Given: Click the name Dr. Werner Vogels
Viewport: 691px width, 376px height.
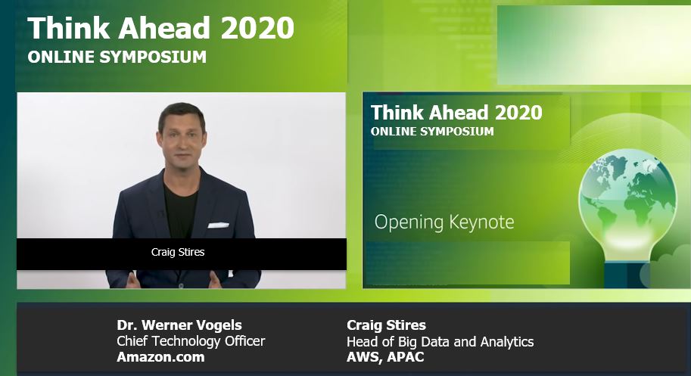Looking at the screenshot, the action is coord(179,325).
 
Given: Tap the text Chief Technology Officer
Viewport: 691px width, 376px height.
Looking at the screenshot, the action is coord(191,340).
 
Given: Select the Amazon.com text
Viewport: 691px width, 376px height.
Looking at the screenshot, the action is coord(161,356).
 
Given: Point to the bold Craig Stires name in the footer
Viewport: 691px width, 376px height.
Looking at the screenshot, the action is coord(386,325).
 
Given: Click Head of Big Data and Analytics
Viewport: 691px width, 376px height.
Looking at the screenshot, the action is coord(440,342).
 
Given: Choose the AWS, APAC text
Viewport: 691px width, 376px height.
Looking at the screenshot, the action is coord(385,356).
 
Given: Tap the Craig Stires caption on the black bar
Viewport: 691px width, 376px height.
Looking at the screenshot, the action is coord(178,252).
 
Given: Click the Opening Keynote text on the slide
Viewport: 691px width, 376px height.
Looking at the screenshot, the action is coord(444,222).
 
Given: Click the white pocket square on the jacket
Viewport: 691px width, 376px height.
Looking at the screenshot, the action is coord(219,225).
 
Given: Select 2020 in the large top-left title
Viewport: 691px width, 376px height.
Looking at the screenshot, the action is coord(257,28).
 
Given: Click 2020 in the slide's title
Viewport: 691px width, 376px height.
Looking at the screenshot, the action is coord(518,113).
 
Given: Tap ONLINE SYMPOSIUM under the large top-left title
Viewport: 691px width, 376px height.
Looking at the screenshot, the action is coord(117,57).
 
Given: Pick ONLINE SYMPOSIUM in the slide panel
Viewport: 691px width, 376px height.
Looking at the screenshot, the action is coord(432,131).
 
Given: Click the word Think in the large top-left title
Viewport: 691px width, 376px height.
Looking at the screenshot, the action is coord(69,28).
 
